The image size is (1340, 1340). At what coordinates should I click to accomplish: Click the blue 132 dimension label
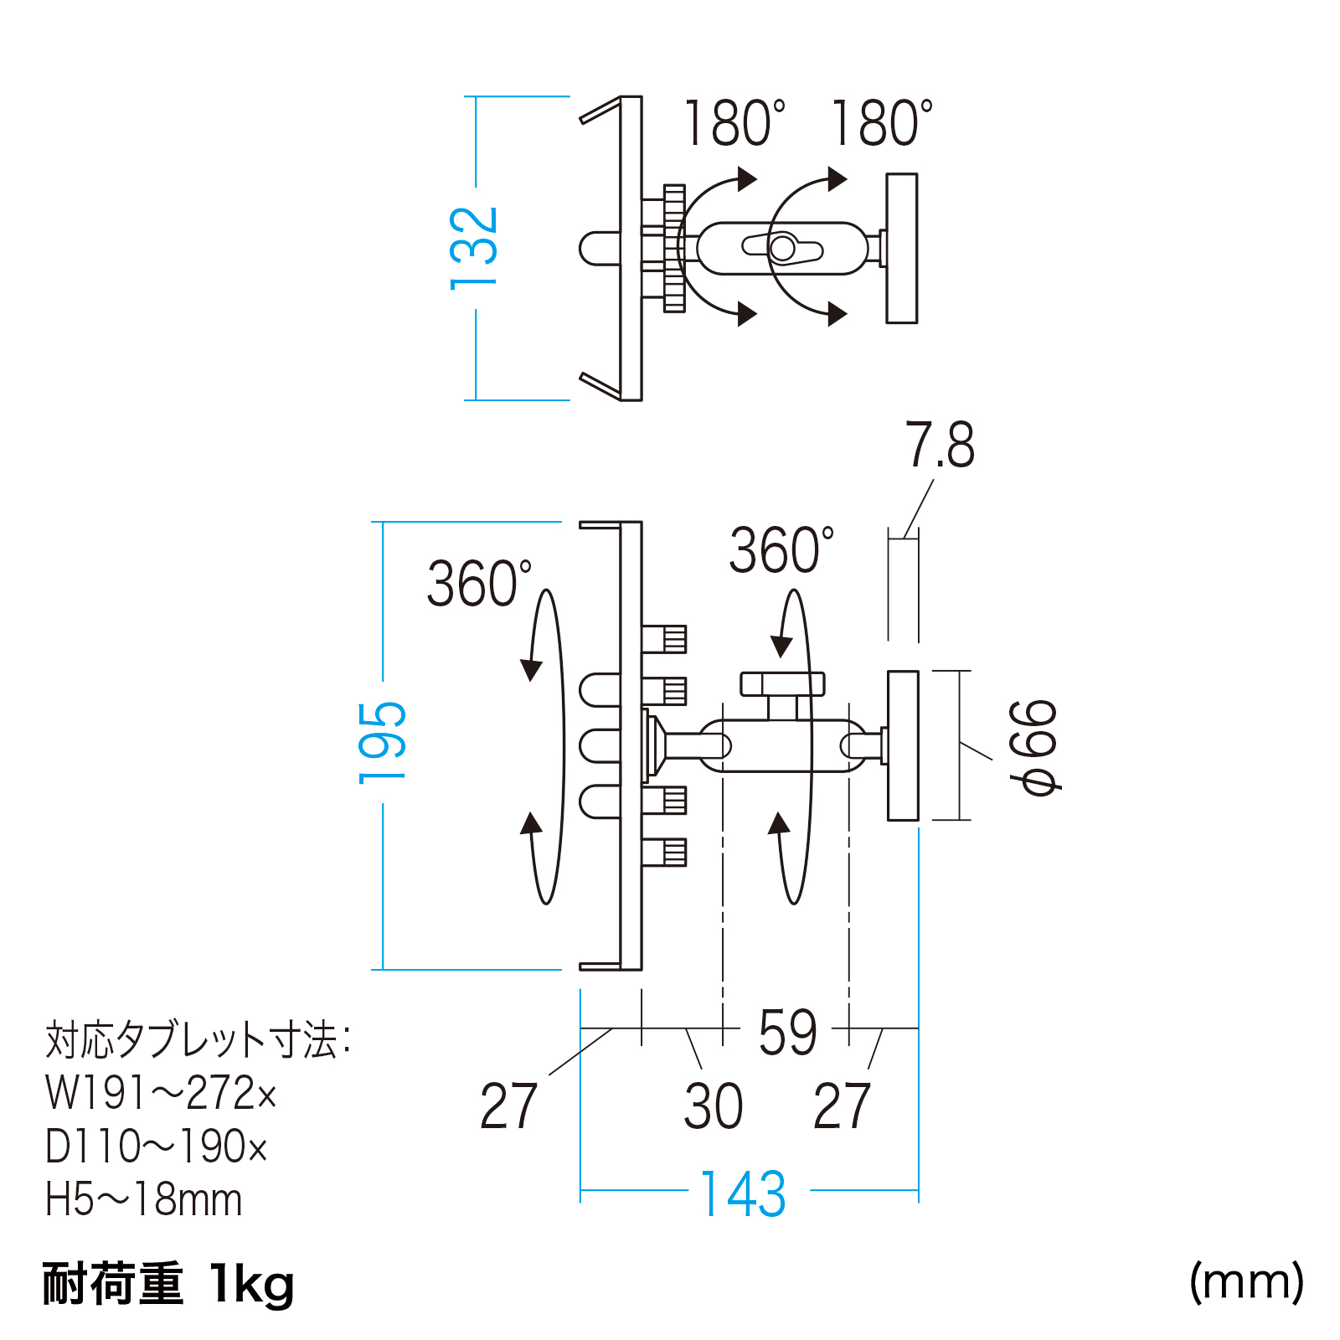(x=474, y=248)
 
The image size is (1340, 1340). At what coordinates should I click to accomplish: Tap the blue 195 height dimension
(x=382, y=742)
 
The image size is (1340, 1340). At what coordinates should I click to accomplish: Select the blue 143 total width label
(x=743, y=1194)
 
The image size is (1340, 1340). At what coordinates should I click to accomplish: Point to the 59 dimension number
(x=787, y=1032)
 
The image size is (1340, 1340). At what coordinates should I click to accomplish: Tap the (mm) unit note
(x=1246, y=1282)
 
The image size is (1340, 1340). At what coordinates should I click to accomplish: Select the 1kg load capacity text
(x=252, y=1284)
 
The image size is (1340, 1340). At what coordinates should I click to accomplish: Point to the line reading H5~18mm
(x=144, y=1199)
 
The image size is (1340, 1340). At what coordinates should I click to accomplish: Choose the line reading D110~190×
(x=157, y=1146)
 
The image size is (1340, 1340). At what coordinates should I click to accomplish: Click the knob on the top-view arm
(x=783, y=248)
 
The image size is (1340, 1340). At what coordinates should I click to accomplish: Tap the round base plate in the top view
(x=902, y=248)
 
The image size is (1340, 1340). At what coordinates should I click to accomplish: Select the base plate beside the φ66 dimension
(x=903, y=745)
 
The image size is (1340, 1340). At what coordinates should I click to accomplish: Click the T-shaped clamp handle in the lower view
(x=782, y=694)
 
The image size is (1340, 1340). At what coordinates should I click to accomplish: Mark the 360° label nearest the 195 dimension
(x=479, y=583)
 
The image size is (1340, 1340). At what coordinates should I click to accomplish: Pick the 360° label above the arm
(x=781, y=550)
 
